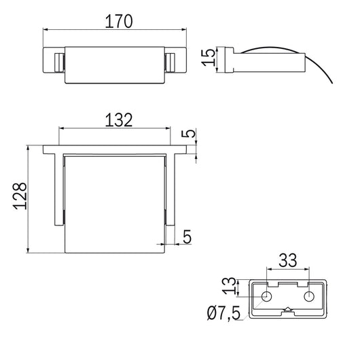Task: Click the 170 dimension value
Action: point(119,21)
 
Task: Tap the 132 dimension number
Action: point(119,120)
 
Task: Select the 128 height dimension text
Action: point(20,196)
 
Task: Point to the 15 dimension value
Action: point(209,58)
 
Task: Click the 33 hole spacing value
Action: point(288,260)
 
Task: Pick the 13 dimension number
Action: point(229,286)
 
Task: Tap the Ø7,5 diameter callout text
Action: point(223,313)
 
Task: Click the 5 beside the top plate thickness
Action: point(188,133)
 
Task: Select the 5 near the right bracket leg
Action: point(187,236)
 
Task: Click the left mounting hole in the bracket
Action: point(266,296)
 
